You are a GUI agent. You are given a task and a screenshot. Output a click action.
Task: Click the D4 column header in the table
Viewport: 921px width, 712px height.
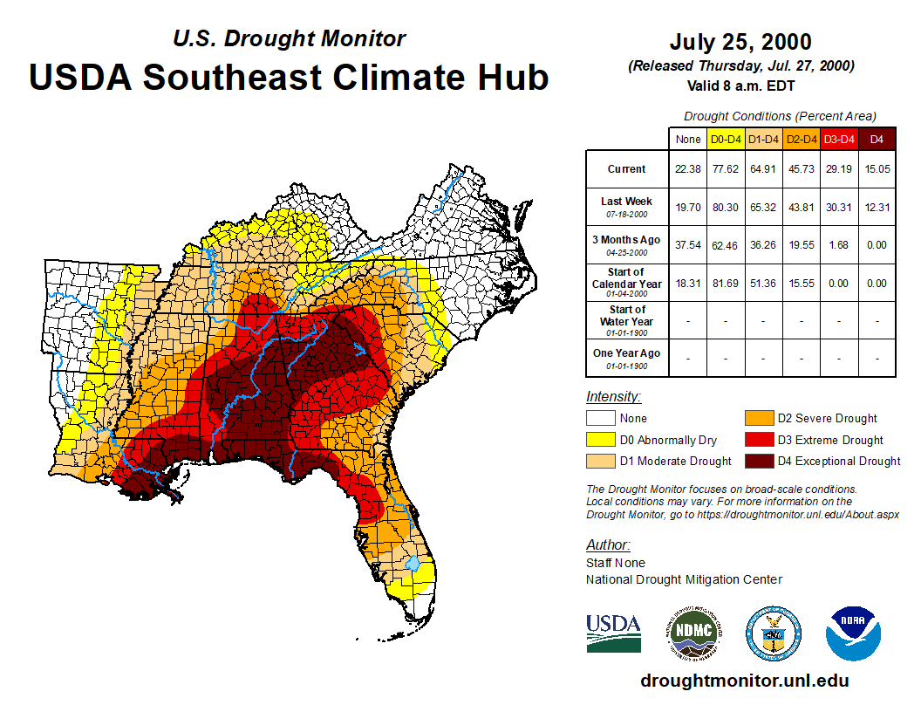click(877, 139)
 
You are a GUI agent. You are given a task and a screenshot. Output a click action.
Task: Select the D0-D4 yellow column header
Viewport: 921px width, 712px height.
click(727, 139)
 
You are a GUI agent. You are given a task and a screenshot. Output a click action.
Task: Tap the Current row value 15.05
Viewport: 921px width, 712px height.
click(877, 169)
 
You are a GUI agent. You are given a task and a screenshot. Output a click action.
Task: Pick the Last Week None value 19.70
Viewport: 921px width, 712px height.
click(688, 207)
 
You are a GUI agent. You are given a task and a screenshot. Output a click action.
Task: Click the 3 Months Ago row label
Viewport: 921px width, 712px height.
click(627, 244)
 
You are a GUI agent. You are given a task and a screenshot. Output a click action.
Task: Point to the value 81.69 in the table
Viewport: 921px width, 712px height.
click(727, 283)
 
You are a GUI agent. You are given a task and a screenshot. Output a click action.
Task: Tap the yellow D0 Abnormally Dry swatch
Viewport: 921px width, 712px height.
click(600, 440)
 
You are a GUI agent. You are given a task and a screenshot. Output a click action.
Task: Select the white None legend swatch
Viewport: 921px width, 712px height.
click(600, 419)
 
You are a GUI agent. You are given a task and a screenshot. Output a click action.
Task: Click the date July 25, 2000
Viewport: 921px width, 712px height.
click(740, 42)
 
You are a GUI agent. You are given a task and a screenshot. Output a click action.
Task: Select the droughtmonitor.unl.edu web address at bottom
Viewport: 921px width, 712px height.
click(744, 681)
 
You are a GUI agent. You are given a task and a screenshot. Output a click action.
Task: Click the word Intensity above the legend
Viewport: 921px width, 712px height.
click(613, 397)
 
